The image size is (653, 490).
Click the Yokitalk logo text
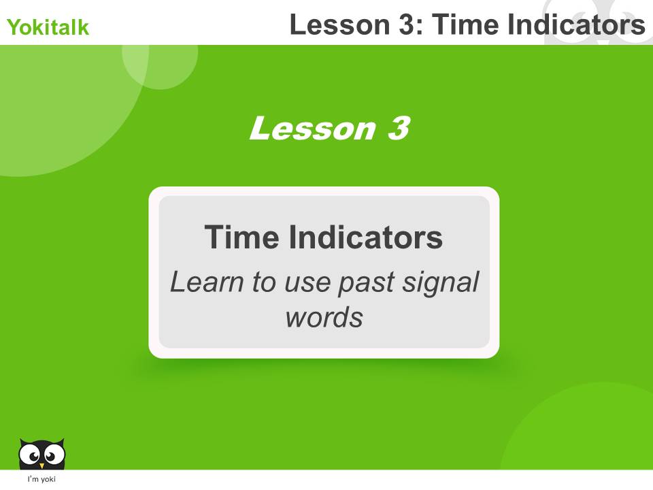(x=48, y=28)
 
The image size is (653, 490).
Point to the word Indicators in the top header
(x=574, y=25)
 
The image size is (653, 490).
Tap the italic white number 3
(x=399, y=128)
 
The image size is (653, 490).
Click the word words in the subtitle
(x=324, y=317)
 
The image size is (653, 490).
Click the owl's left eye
(x=31, y=452)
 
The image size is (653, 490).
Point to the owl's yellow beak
(x=41, y=465)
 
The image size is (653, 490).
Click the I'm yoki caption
(x=41, y=480)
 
